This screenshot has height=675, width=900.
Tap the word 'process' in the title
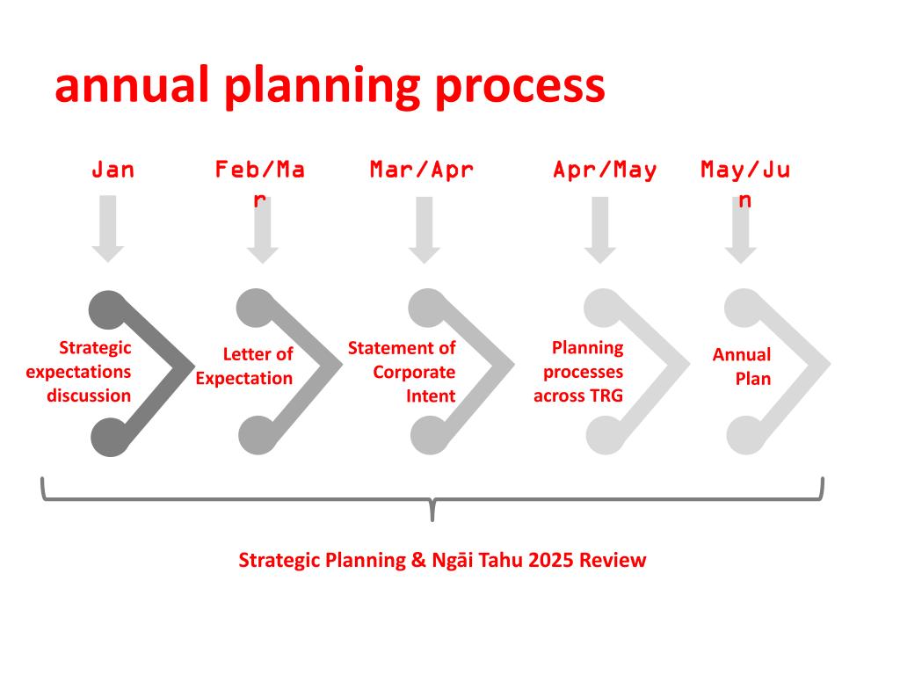point(519,88)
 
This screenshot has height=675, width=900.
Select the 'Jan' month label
point(113,170)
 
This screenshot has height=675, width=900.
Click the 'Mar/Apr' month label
point(422,170)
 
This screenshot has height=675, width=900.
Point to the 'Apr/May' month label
point(605,170)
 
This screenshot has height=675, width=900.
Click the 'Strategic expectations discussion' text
point(79,372)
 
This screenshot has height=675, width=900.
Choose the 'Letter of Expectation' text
point(244,367)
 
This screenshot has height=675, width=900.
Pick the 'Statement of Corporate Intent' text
point(402,372)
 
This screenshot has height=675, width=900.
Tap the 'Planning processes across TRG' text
point(578,372)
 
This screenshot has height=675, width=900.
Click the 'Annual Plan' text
point(743,367)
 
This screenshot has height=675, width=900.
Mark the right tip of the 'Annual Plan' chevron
point(828,363)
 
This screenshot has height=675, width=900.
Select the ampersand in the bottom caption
point(415,560)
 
